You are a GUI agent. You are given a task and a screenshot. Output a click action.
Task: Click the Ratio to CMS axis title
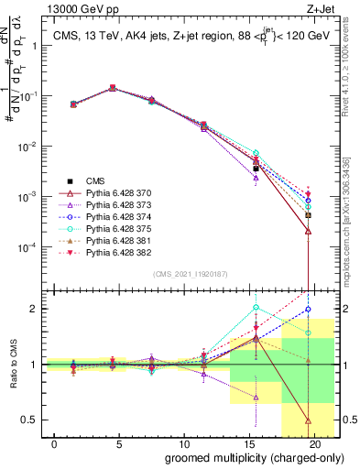point(12,365)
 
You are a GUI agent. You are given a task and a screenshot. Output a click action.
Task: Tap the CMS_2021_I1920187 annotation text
point(190,275)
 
